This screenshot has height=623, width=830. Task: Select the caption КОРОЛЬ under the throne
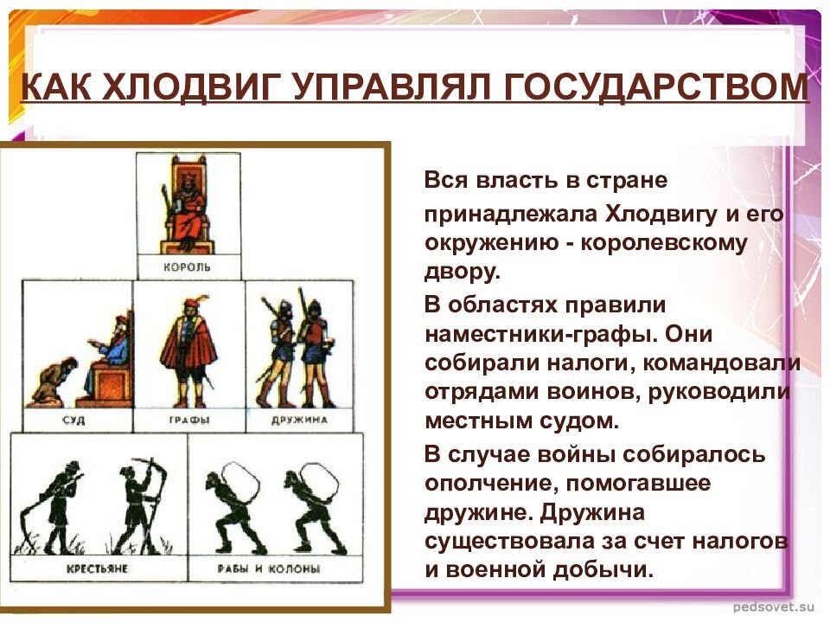click(x=187, y=267)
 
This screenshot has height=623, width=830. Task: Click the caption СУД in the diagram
click(x=77, y=420)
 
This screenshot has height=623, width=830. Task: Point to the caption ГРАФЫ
click(x=187, y=420)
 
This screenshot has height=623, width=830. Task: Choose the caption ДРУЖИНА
click(x=298, y=420)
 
